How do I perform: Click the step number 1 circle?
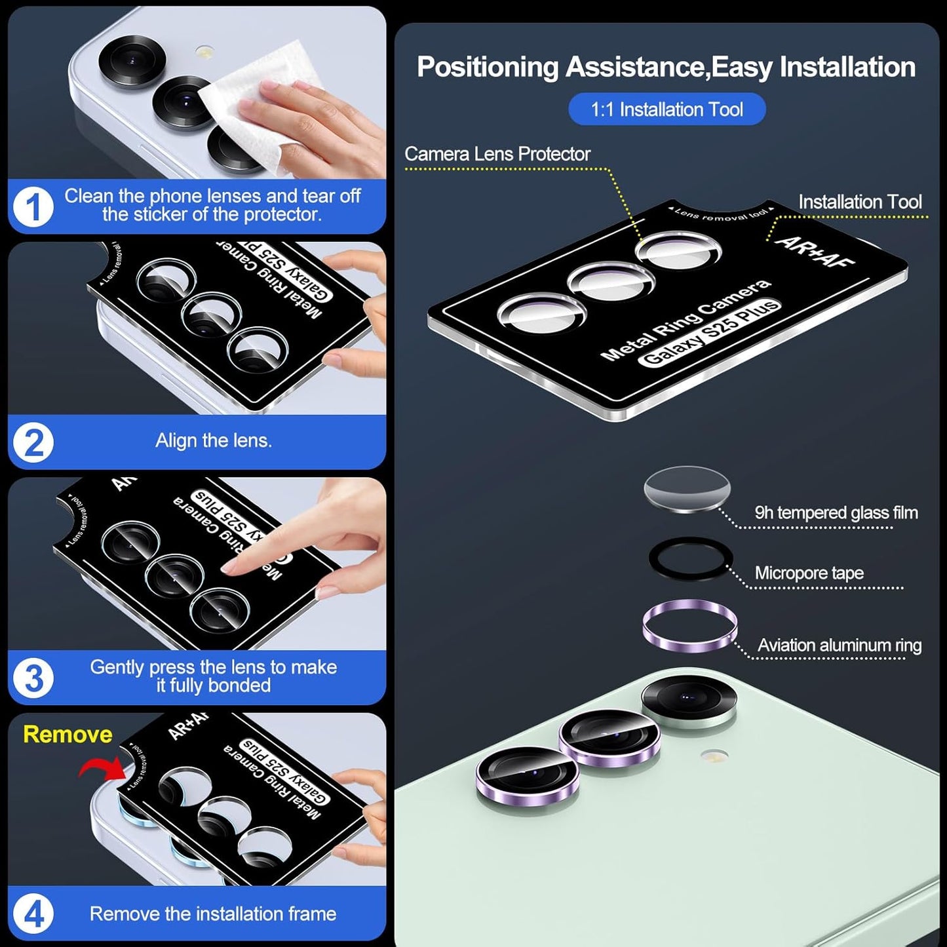tap(33, 207)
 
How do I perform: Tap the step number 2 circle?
tap(33, 443)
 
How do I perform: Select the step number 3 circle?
tap(33, 678)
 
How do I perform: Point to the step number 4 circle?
tap(33, 914)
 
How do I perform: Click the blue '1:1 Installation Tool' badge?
tap(667, 109)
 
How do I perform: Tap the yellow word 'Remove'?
tap(68, 734)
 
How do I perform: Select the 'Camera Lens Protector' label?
tap(497, 154)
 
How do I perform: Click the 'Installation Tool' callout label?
tap(859, 202)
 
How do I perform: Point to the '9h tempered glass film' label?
tap(836, 512)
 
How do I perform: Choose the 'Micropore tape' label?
tap(809, 573)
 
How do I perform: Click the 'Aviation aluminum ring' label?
tap(839, 646)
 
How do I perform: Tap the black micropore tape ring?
tap(689, 558)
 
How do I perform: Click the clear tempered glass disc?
tap(687, 489)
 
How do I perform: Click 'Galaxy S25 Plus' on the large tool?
tap(710, 332)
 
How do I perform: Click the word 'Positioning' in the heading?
tap(488, 68)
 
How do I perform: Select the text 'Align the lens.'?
tap(213, 440)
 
